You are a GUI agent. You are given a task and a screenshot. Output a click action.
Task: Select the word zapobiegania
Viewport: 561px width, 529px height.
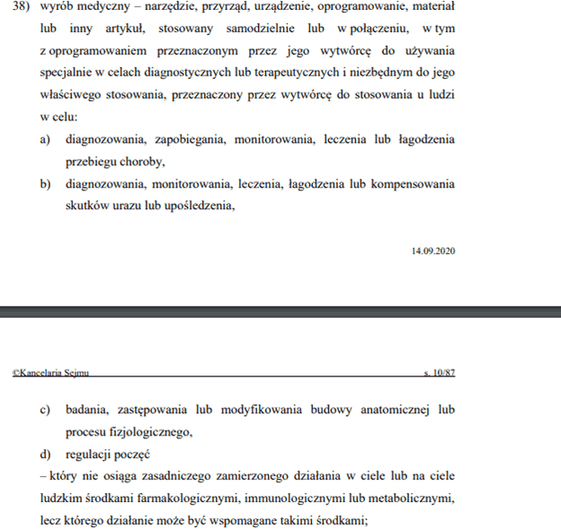tap(189, 140)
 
